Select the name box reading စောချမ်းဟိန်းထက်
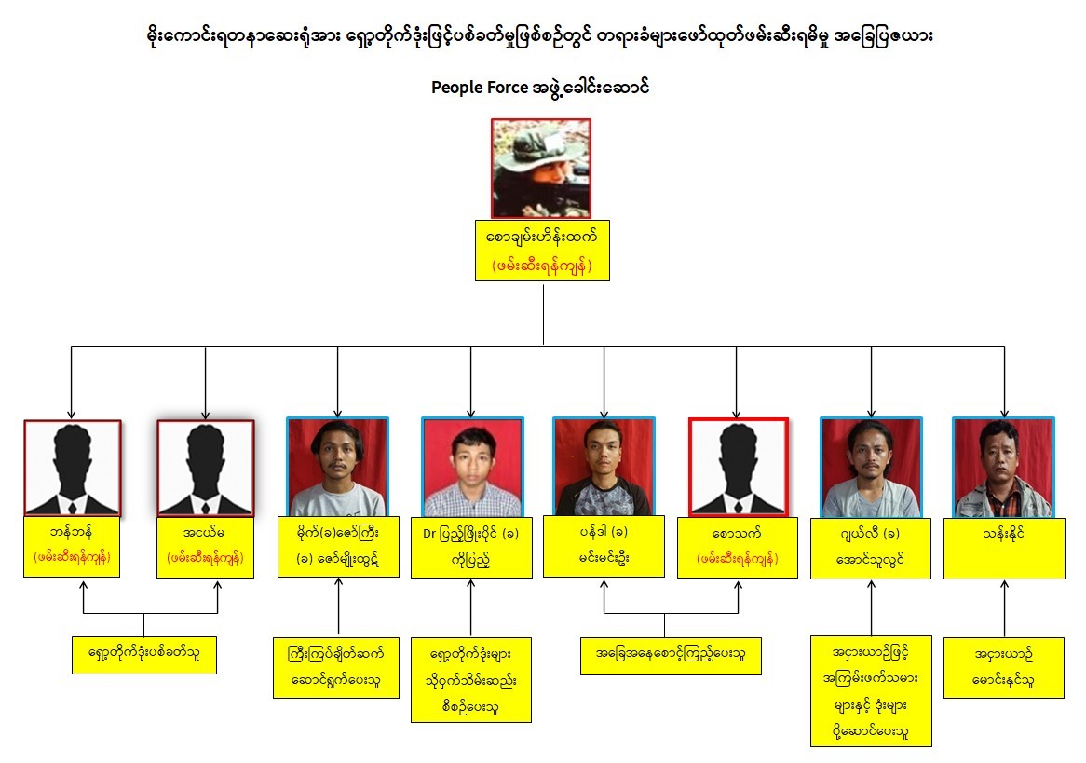point(542,250)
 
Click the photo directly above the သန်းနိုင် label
point(1003,468)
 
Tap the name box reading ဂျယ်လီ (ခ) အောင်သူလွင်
point(871,547)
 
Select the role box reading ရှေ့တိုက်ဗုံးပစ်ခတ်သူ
point(144,655)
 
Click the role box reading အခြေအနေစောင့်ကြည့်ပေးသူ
point(670,655)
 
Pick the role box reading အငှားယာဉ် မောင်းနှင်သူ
point(1003,666)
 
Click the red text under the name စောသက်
point(738,559)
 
